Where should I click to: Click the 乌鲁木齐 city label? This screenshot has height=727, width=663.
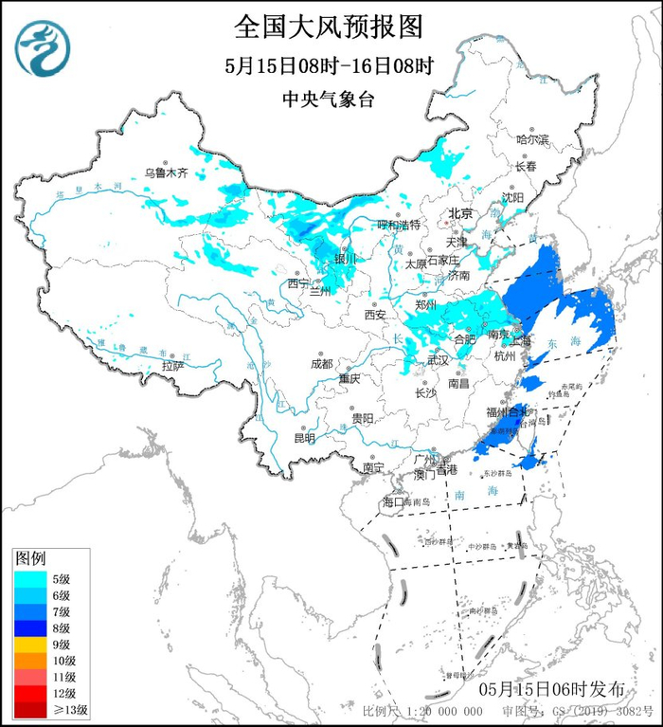(x=166, y=173)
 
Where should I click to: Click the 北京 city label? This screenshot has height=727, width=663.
(x=460, y=213)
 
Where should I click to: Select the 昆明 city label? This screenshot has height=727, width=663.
(x=304, y=438)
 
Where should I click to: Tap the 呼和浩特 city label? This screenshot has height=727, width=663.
(x=398, y=226)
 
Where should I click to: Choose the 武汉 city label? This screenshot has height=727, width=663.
(x=438, y=360)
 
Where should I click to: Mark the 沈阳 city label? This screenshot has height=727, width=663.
(x=512, y=198)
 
